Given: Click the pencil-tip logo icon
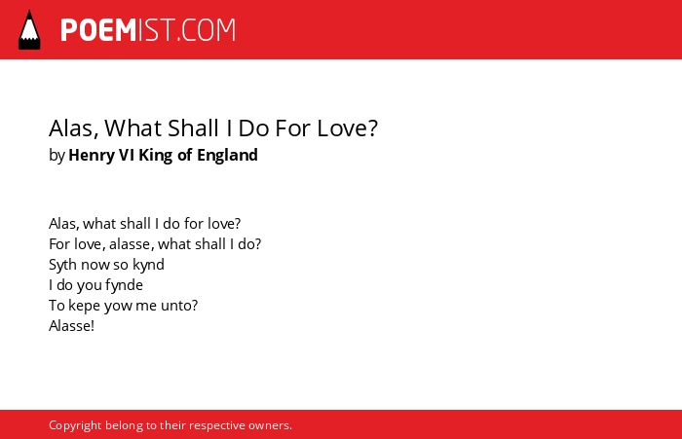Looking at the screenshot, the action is coord(29,30).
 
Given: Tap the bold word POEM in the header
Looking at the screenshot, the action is coord(98,30).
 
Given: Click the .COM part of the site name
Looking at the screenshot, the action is coord(207,30).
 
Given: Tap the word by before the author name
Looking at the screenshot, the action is coord(57,155).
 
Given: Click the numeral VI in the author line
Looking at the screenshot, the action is coord(126,155).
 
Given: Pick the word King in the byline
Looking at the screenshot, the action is coord(155,155).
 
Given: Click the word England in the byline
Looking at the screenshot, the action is coord(227,155).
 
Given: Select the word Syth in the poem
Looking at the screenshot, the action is coord(62,265).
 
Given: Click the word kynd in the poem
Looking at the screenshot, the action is coord(148,265).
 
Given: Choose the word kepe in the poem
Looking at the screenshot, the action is coord(85,306).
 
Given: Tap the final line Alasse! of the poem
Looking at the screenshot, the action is coord(72,326).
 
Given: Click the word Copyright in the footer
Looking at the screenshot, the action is coord(75,425).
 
